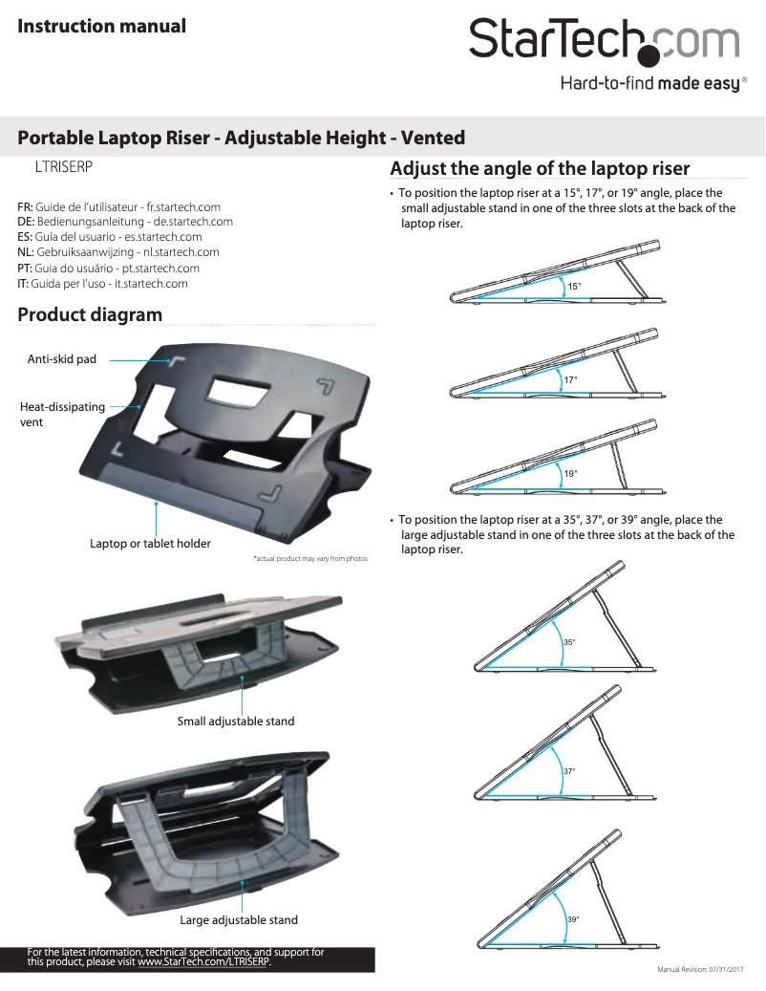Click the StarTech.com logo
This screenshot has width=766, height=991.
pos(604,39)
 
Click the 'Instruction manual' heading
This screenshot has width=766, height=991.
pos(102,26)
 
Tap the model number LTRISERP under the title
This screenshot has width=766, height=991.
pos(63,166)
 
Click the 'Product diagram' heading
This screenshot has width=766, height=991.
pos(90,314)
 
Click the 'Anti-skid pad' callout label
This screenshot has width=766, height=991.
pos(62,359)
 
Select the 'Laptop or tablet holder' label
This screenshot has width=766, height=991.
pos(150,544)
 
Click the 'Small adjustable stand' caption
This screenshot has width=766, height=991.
pos(236,721)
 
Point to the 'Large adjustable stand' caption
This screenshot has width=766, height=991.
pos(239,920)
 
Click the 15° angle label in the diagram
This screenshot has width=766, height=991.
pos(574,287)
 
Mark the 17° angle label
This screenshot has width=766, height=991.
pos(570,380)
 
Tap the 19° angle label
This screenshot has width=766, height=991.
pos(570,474)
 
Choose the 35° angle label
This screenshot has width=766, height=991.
pos(568,642)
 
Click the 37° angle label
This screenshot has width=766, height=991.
pos(568,770)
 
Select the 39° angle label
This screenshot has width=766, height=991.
pos(572,919)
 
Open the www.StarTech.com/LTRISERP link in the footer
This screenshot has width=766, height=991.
pos(203,961)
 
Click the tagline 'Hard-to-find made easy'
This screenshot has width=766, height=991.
pos(649,84)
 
